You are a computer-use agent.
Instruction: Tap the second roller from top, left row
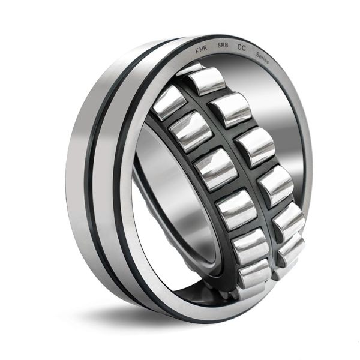coord(190,130)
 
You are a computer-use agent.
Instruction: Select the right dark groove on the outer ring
coord(120,180)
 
